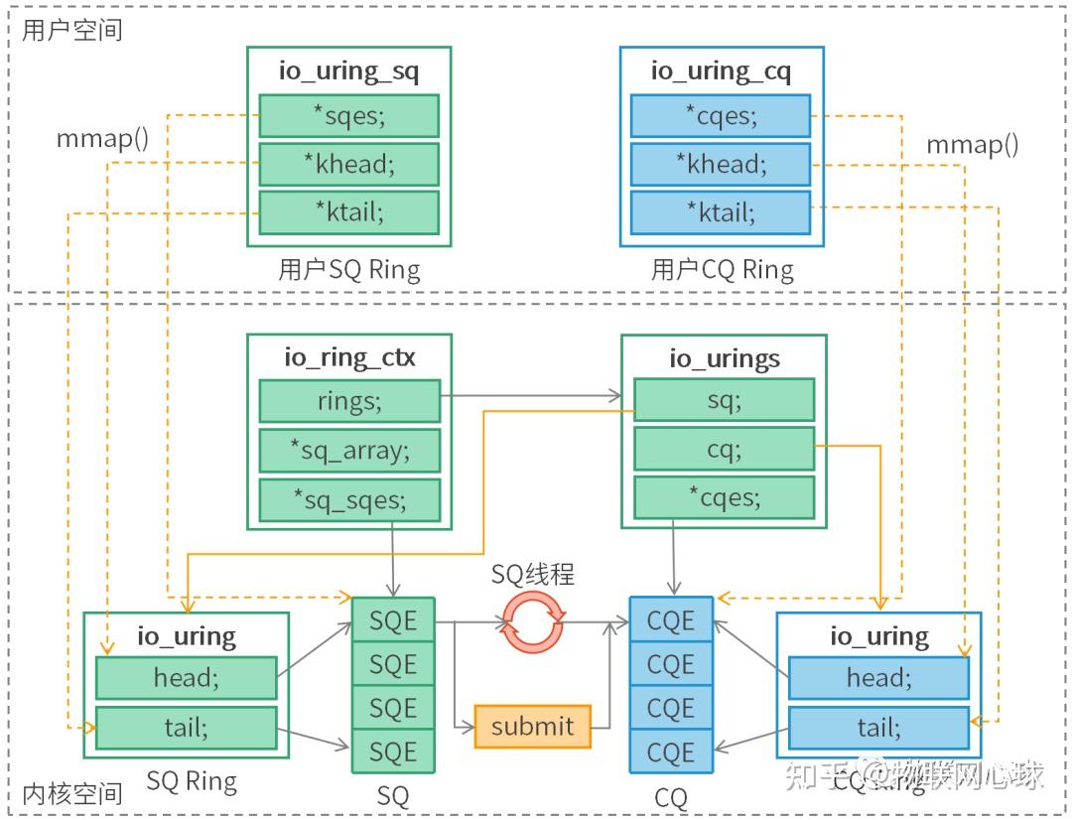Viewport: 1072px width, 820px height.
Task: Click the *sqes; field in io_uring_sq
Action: click(348, 116)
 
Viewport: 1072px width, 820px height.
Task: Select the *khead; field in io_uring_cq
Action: click(721, 165)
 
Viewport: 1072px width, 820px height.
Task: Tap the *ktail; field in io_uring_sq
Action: click(348, 212)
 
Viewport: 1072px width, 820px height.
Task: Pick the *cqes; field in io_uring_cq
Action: click(721, 116)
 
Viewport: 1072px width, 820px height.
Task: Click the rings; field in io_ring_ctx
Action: click(348, 401)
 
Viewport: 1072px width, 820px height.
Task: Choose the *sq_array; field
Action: click(348, 450)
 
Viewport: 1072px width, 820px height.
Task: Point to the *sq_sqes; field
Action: click(348, 498)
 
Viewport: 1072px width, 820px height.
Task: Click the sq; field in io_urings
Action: click(724, 401)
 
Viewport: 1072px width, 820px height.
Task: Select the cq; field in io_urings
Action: click(724, 450)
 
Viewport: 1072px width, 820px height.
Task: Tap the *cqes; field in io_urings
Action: click(724, 498)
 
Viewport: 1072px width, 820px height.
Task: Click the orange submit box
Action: click(532, 727)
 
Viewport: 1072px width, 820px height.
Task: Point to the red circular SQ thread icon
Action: click(532, 622)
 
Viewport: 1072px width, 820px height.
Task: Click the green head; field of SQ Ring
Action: click(186, 678)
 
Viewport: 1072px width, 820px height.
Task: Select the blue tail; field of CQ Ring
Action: click(877, 728)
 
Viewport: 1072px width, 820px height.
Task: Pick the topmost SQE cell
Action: click(393, 620)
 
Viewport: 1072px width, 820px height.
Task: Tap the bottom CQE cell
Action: click(671, 752)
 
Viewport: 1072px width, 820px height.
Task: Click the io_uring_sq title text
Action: click(348, 70)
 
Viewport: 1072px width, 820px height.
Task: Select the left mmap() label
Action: click(102, 138)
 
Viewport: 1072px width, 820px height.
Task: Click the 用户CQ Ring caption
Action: click(722, 270)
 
